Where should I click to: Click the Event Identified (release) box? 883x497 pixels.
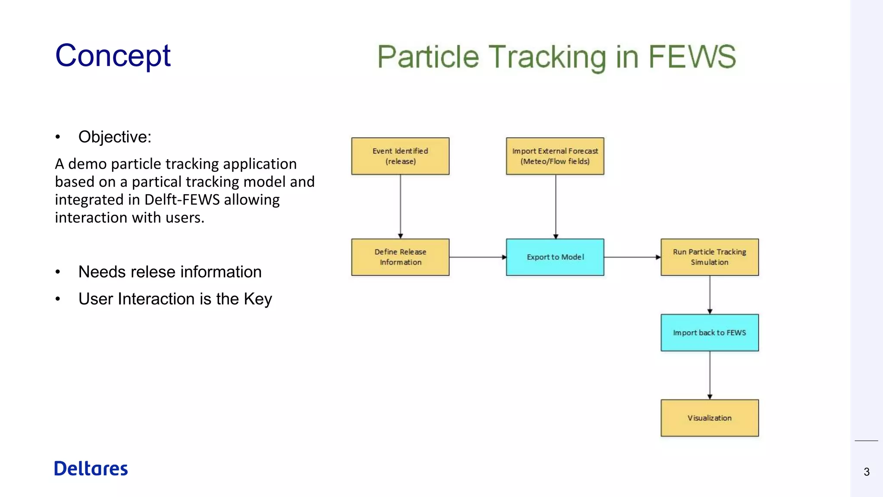pos(400,156)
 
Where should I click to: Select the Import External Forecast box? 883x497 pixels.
pos(555,156)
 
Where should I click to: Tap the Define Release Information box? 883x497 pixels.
pos(400,257)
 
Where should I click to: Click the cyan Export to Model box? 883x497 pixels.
pos(555,257)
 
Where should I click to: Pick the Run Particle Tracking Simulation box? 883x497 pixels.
pos(710,257)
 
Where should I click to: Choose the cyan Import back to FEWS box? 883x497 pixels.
pos(710,333)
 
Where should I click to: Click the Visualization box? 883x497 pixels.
pos(710,418)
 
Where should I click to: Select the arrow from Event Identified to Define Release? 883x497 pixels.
pos(401,206)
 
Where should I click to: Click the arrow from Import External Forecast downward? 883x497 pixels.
pos(556,206)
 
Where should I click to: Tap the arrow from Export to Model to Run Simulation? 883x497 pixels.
pos(632,257)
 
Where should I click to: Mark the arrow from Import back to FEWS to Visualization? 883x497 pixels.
pos(710,375)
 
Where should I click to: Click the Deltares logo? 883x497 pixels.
pos(91,469)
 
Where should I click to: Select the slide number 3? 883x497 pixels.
pos(867,472)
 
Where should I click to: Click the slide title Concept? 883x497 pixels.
pos(113,56)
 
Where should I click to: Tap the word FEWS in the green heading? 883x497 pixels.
pos(692,57)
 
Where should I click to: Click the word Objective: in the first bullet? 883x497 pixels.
pos(115,137)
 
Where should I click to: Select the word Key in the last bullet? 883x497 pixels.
pos(258,299)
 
